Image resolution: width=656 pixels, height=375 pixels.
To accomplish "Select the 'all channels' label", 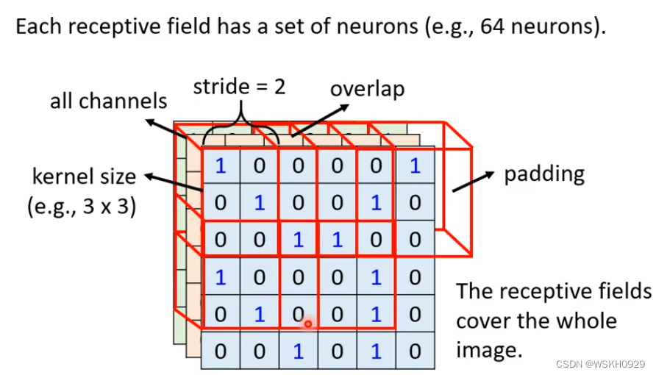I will pyautogui.click(x=108, y=101).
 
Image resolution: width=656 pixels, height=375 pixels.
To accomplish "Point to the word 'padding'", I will pyautogui.click(x=544, y=174).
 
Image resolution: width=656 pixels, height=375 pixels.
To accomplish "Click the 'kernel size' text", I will pyautogui.click(x=84, y=177).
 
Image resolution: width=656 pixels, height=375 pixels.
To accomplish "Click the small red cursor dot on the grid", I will pyautogui.click(x=308, y=323).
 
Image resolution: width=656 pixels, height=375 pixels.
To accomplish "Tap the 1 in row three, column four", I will pyautogui.click(x=337, y=240).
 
